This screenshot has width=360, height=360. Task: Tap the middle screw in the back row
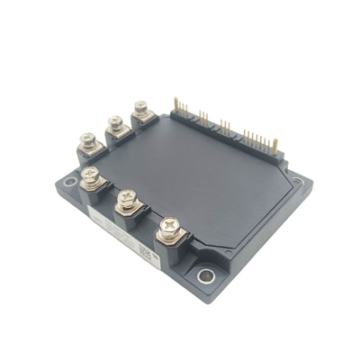coord(115,121)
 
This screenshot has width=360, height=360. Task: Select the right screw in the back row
coord(141,107)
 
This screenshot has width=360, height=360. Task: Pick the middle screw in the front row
coord(125,196)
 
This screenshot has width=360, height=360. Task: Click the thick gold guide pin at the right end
coord(274,145)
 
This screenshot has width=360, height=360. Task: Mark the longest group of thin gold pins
coord(255,138)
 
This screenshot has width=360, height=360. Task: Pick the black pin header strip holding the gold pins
coord(225,130)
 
